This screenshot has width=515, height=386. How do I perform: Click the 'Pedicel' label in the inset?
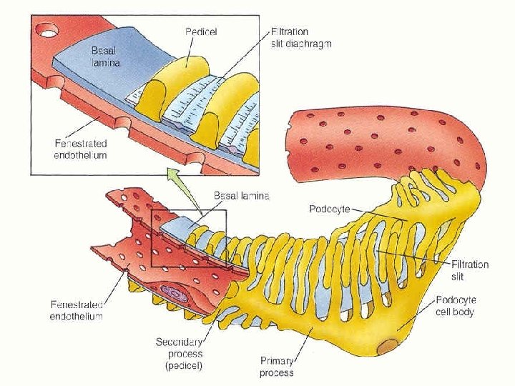(201, 31)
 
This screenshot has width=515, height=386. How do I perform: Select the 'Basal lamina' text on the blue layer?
(104, 56)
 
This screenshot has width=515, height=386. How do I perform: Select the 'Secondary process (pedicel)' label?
(179, 354)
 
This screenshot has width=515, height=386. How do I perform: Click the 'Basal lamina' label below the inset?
(242, 195)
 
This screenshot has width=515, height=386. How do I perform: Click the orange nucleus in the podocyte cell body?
(387, 347)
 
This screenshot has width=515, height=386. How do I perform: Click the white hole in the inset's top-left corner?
(47, 31)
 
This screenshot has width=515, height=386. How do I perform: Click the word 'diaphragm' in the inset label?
(310, 44)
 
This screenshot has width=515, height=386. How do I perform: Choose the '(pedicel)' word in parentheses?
(180, 365)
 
